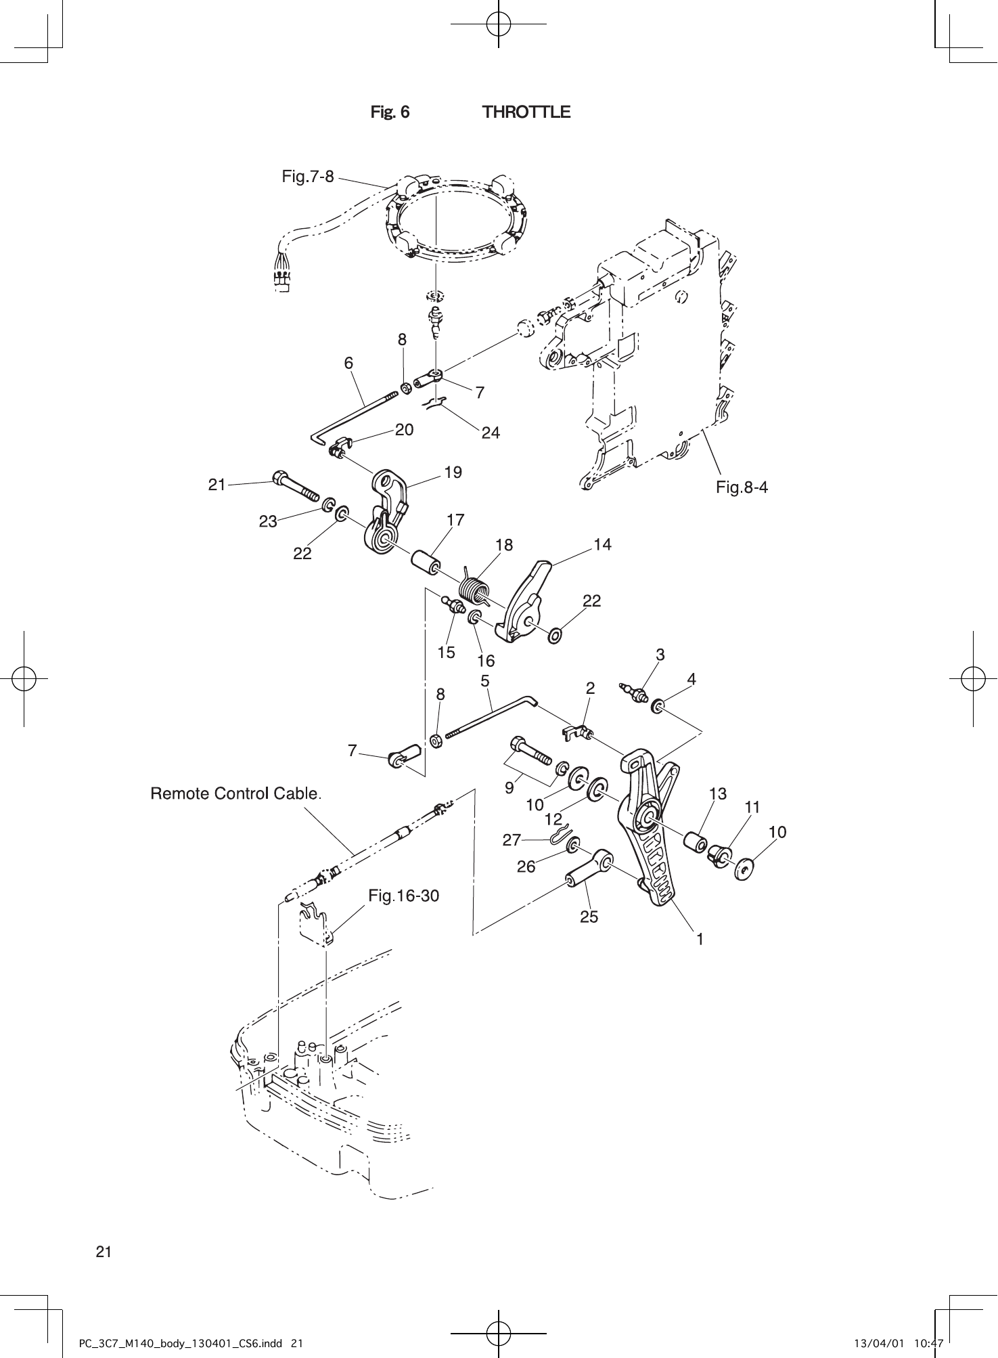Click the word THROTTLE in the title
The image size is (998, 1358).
click(x=526, y=112)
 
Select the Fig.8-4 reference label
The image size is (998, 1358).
click(x=742, y=487)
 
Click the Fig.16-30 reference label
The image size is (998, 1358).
click(x=403, y=896)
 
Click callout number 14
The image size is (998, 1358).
click(x=602, y=544)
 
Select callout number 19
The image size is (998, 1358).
click(x=453, y=473)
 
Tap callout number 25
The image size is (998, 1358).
click(x=589, y=917)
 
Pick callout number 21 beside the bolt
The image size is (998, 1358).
click(x=217, y=485)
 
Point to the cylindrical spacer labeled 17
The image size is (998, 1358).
click(x=426, y=562)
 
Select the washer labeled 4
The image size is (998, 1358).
click(x=656, y=708)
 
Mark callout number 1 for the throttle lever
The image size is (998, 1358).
click(x=700, y=939)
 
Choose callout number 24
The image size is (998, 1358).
click(x=491, y=433)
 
